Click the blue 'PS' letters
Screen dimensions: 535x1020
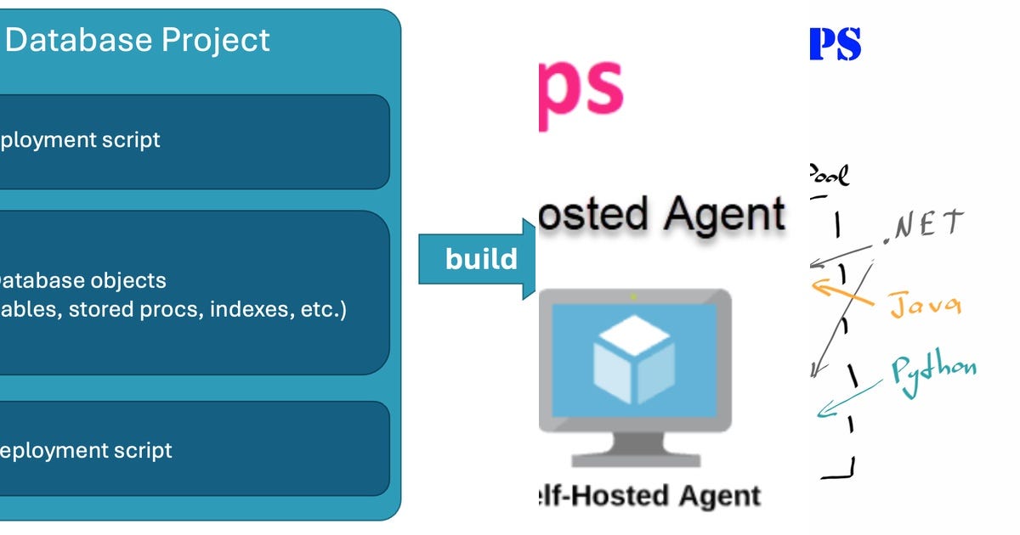click(835, 44)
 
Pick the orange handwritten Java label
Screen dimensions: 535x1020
click(926, 303)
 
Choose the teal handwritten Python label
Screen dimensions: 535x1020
click(933, 369)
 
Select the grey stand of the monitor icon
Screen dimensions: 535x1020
click(634, 450)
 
